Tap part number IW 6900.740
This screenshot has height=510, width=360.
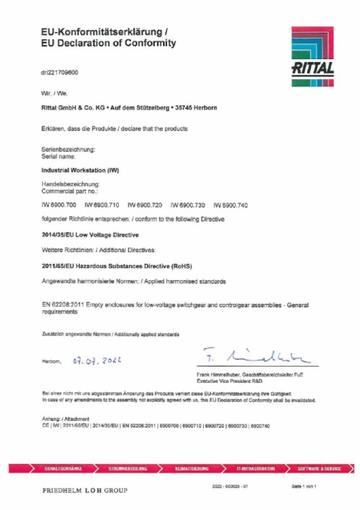[x=231, y=205]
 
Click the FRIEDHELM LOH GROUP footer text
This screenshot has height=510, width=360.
[x=85, y=490]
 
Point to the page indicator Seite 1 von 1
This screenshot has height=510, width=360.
[x=304, y=486]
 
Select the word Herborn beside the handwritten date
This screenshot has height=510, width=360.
[x=52, y=361]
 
